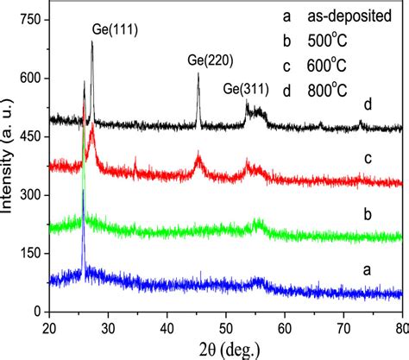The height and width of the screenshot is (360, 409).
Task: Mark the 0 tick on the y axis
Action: [x=35, y=311]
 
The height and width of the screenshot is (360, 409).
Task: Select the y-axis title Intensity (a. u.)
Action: [x=9, y=165]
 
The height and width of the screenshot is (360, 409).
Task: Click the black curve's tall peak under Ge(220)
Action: [x=198, y=76]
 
